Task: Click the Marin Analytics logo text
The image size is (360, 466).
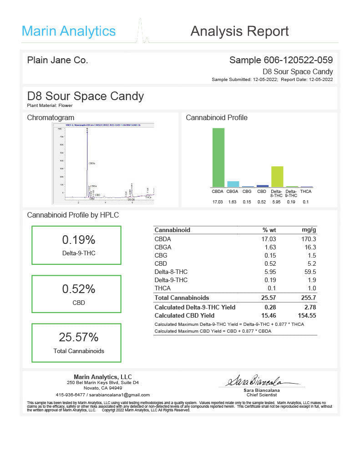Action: tap(69, 31)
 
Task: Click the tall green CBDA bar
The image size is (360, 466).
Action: tap(218, 157)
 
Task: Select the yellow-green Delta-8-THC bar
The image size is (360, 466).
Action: tap(277, 177)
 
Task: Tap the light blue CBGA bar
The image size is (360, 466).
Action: tap(233, 184)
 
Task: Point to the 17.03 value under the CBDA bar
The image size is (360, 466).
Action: tap(218, 202)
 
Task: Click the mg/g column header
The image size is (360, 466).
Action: tap(309, 230)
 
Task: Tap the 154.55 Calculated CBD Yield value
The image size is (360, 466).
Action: tap(305, 315)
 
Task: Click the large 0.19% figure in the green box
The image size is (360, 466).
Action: tap(79, 240)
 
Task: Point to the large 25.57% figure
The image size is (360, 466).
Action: tap(79, 337)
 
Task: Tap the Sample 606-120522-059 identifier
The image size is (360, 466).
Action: tap(281, 60)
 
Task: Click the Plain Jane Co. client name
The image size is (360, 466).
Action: tap(58, 60)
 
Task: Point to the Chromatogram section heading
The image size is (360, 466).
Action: tap(51, 117)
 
